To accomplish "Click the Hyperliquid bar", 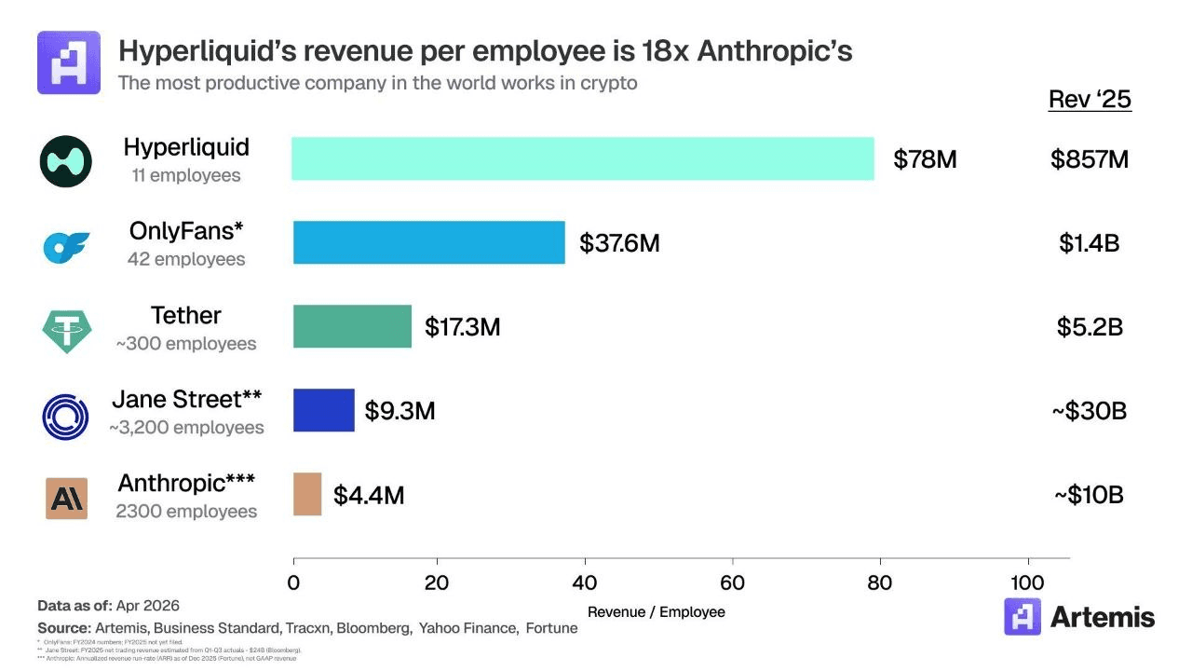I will click(x=583, y=158).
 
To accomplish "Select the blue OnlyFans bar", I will click(x=429, y=242).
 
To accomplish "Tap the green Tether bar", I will click(x=352, y=326).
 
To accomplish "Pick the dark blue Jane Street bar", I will click(x=324, y=410).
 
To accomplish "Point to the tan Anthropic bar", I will click(x=307, y=494).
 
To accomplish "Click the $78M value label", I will click(x=925, y=159).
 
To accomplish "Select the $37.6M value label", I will click(x=619, y=243).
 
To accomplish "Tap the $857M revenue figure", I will click(x=1090, y=159).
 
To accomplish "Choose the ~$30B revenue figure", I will click(x=1089, y=411).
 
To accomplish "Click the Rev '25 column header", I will click(x=1090, y=100).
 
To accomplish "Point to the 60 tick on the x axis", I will click(x=733, y=583).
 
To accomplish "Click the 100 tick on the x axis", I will click(x=1028, y=583).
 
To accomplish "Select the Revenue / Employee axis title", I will click(x=657, y=612).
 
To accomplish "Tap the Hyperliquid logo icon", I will click(x=65, y=161).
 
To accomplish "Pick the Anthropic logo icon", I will click(x=66, y=499).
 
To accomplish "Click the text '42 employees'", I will click(x=186, y=259).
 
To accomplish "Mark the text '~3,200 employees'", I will click(x=186, y=428).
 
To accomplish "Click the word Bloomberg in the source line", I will click(x=373, y=628).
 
